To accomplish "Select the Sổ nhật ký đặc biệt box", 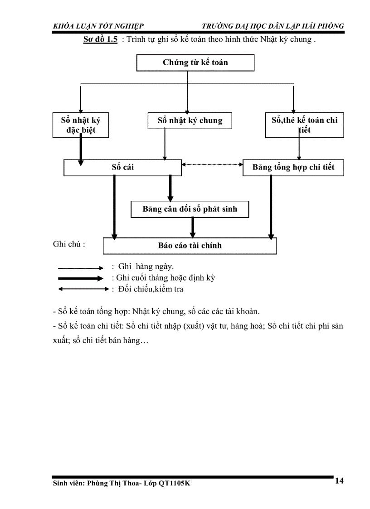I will [x=81, y=126].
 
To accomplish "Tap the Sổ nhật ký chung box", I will [x=190, y=121].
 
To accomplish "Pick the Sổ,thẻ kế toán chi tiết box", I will [x=304, y=125].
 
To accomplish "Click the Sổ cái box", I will [x=122, y=167].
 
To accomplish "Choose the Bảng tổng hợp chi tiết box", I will [x=293, y=167].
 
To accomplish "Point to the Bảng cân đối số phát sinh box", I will [x=190, y=209].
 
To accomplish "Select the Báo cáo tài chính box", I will [x=190, y=246].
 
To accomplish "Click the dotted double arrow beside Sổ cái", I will [x=212, y=165].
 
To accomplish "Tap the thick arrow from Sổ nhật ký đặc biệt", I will [x=81, y=150].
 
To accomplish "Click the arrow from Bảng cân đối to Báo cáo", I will [x=193, y=227].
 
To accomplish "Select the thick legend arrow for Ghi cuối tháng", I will [x=81, y=278].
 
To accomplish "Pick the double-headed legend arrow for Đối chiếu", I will [x=81, y=289].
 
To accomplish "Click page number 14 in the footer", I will [x=339, y=481].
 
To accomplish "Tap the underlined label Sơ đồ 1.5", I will [x=100, y=39].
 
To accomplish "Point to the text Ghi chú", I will [x=69, y=244].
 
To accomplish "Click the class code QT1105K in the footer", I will [x=175, y=484].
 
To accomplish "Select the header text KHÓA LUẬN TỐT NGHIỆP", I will [x=98, y=26].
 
